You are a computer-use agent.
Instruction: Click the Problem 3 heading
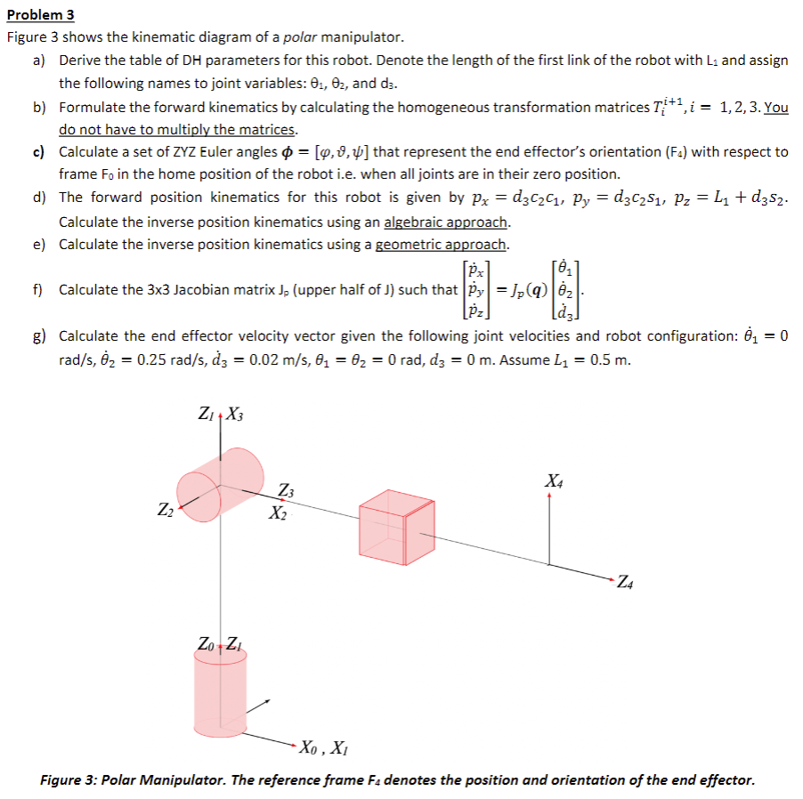(x=40, y=15)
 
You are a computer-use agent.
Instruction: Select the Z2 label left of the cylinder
(x=165, y=511)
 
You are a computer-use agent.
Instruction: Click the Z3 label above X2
(x=286, y=491)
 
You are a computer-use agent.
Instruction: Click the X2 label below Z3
(x=279, y=513)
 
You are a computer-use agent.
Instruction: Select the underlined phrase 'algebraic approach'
(x=446, y=222)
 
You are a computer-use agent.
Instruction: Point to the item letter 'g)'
(x=40, y=335)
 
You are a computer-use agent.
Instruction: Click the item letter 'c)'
(x=40, y=152)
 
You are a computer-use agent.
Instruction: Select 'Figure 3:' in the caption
(x=69, y=780)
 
